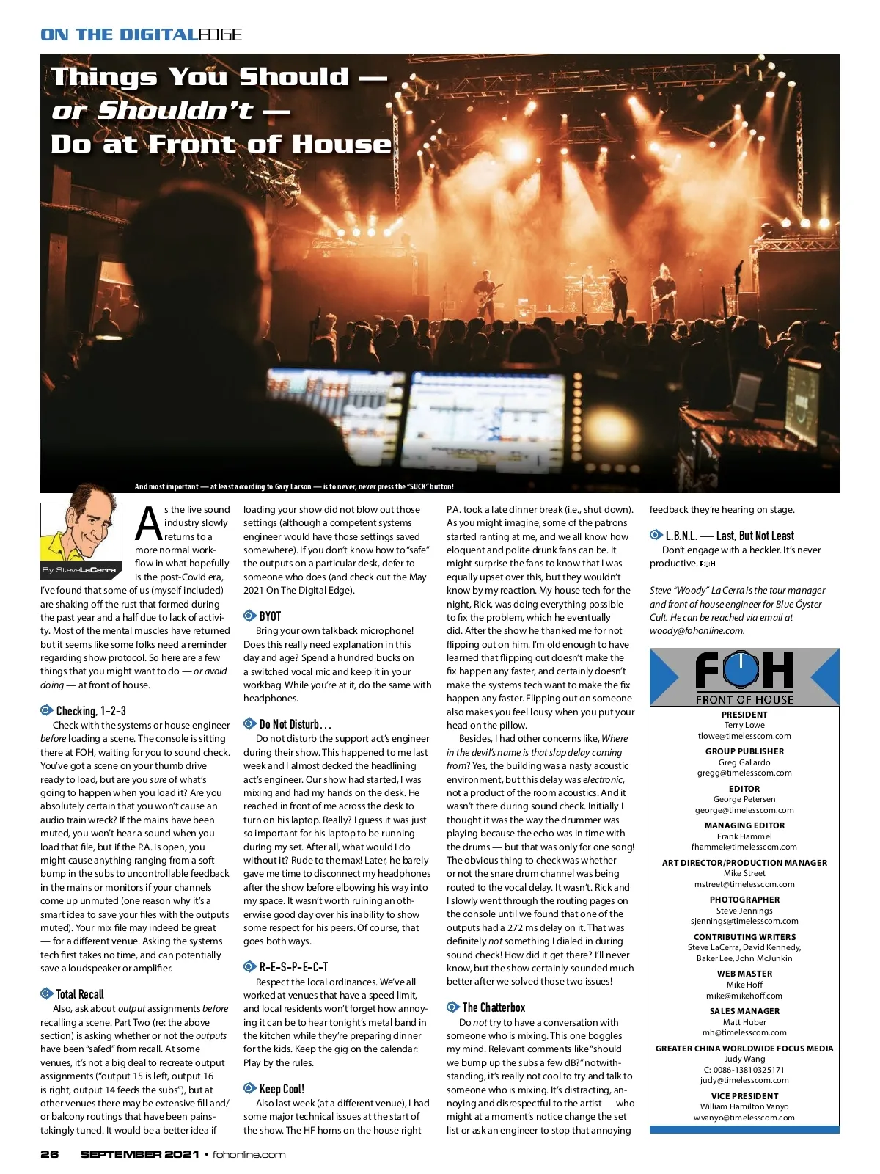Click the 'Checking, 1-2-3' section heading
coord(91,711)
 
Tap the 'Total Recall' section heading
coord(80,994)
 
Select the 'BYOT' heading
coord(270,616)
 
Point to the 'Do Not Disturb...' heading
coord(295,724)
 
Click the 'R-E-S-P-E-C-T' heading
coord(293,967)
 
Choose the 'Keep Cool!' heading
coord(282,1089)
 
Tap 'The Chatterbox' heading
coord(493,1008)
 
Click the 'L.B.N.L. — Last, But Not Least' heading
coord(729,536)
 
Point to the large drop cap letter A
coord(148,524)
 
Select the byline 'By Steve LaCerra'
coord(79,570)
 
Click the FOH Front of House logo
coord(744,677)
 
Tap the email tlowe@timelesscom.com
coord(744,736)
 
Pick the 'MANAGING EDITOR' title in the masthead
coord(744,825)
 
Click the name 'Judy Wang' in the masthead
coord(744,1059)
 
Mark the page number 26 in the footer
coord(49,1154)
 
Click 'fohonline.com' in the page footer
coord(249,1154)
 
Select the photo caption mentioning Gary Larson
coord(294,486)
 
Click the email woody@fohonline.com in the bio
coord(696,630)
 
